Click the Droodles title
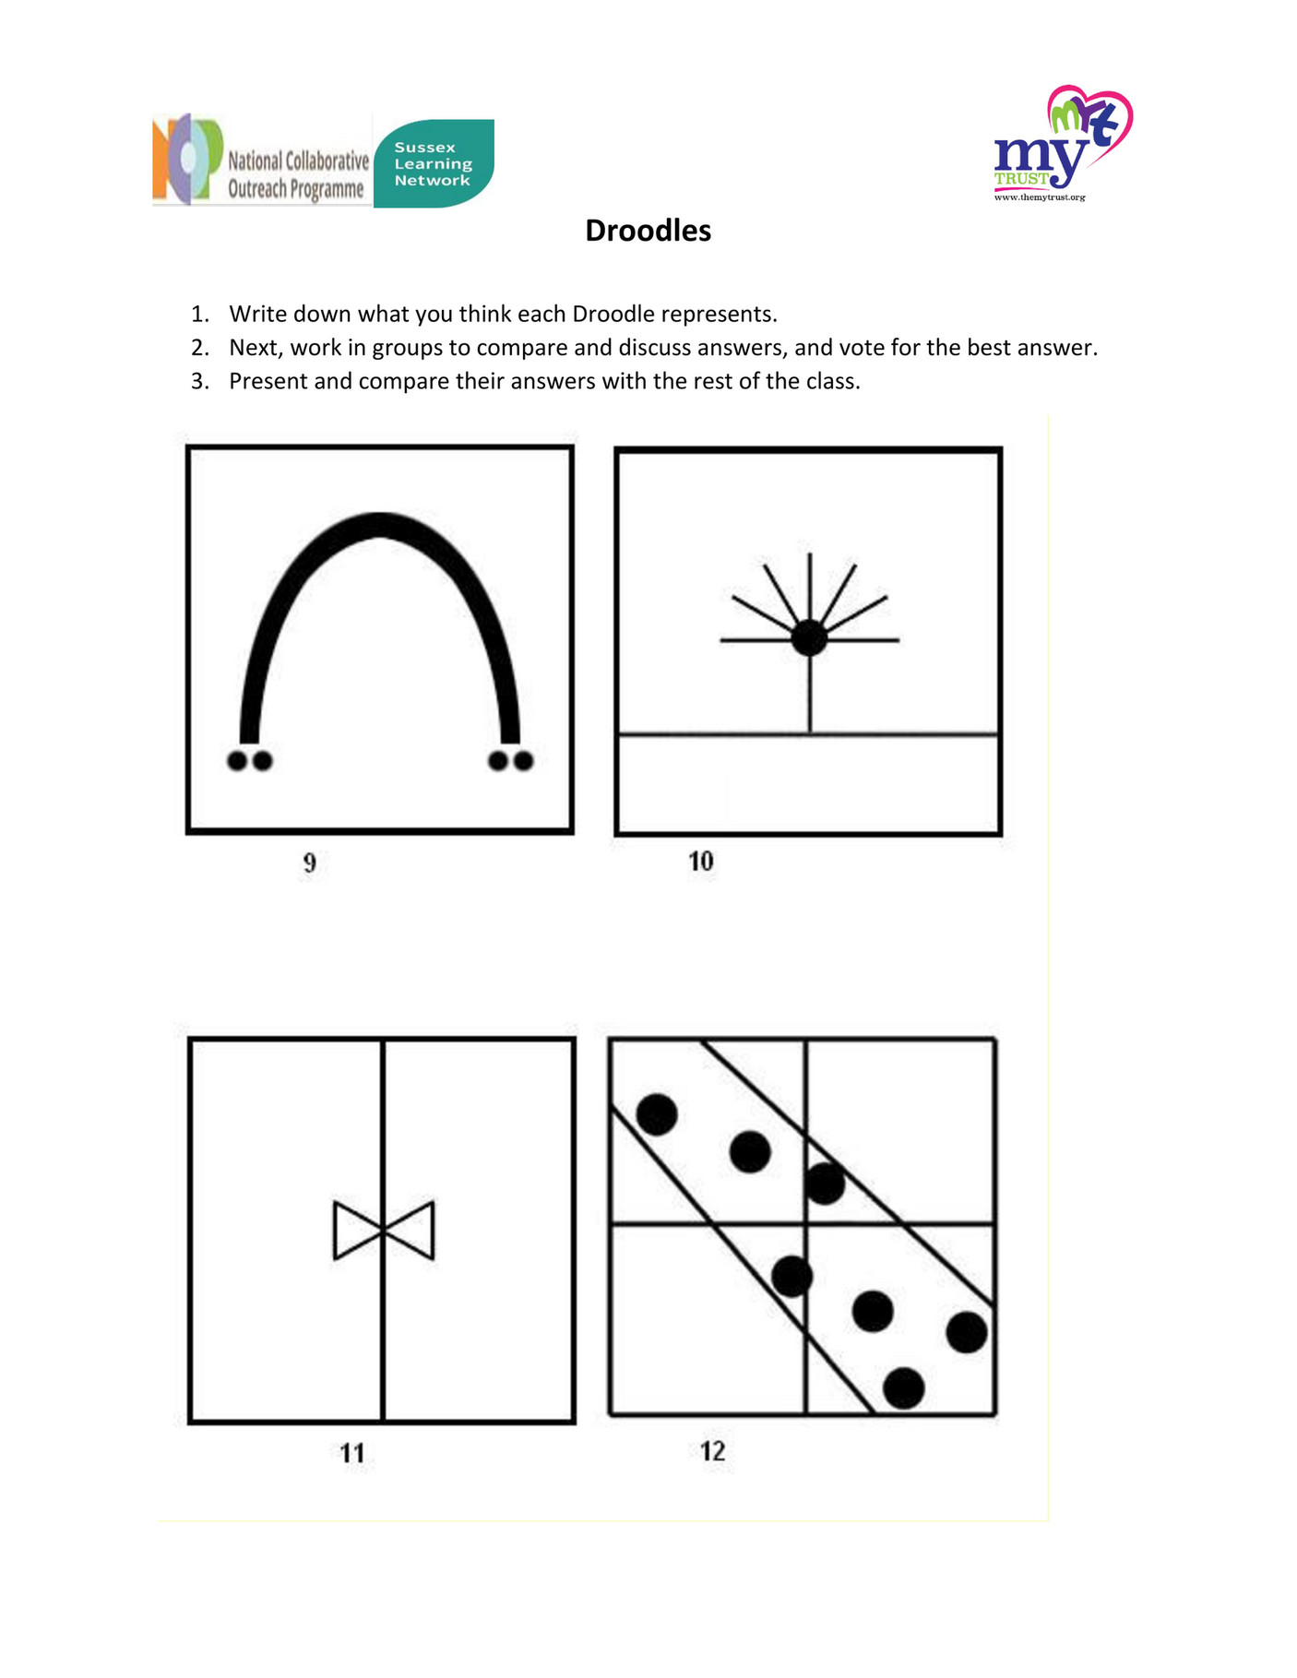648,231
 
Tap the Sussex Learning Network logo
434,163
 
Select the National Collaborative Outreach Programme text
297,174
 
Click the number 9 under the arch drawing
309,863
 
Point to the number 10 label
700,862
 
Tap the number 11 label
351,1454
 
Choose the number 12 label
712,1451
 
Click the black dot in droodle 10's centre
809,638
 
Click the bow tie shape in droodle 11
383,1230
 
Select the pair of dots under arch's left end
249,761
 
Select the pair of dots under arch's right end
510,761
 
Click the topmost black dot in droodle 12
657,1114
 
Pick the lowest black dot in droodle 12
903,1387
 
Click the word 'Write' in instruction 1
258,314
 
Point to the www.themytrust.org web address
1039,197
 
